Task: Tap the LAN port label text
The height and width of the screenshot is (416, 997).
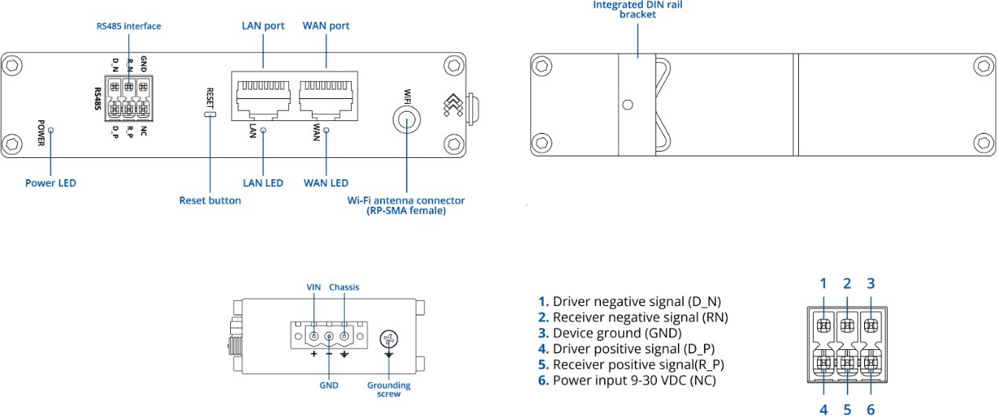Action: tap(262, 26)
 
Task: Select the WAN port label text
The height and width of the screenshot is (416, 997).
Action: tap(326, 26)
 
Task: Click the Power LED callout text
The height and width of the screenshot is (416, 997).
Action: tap(50, 183)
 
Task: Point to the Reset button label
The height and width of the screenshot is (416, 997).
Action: tap(210, 201)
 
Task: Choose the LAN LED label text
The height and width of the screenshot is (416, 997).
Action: tap(263, 183)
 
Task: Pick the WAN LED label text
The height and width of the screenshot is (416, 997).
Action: tap(326, 183)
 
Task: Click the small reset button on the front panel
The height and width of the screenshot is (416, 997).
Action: tap(210, 115)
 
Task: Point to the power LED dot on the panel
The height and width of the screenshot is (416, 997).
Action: tap(50, 129)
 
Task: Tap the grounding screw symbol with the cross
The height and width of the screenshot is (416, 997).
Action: tap(388, 339)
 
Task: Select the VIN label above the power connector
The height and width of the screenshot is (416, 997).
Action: tap(314, 287)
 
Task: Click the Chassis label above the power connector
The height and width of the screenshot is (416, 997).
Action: tap(344, 287)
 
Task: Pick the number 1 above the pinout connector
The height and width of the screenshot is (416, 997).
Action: tap(823, 284)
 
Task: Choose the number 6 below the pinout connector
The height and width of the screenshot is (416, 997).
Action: tap(871, 409)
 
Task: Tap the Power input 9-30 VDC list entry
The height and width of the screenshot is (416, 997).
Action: tap(626, 381)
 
